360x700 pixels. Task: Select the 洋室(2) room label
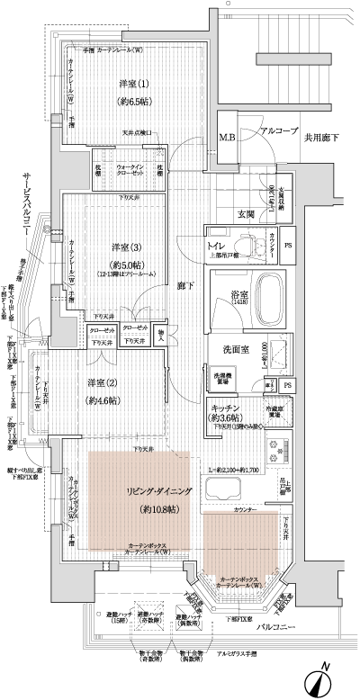pyautogui.click(x=103, y=382)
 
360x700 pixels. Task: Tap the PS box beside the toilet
pyautogui.click(x=288, y=244)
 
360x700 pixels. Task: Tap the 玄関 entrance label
pyautogui.click(x=246, y=213)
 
